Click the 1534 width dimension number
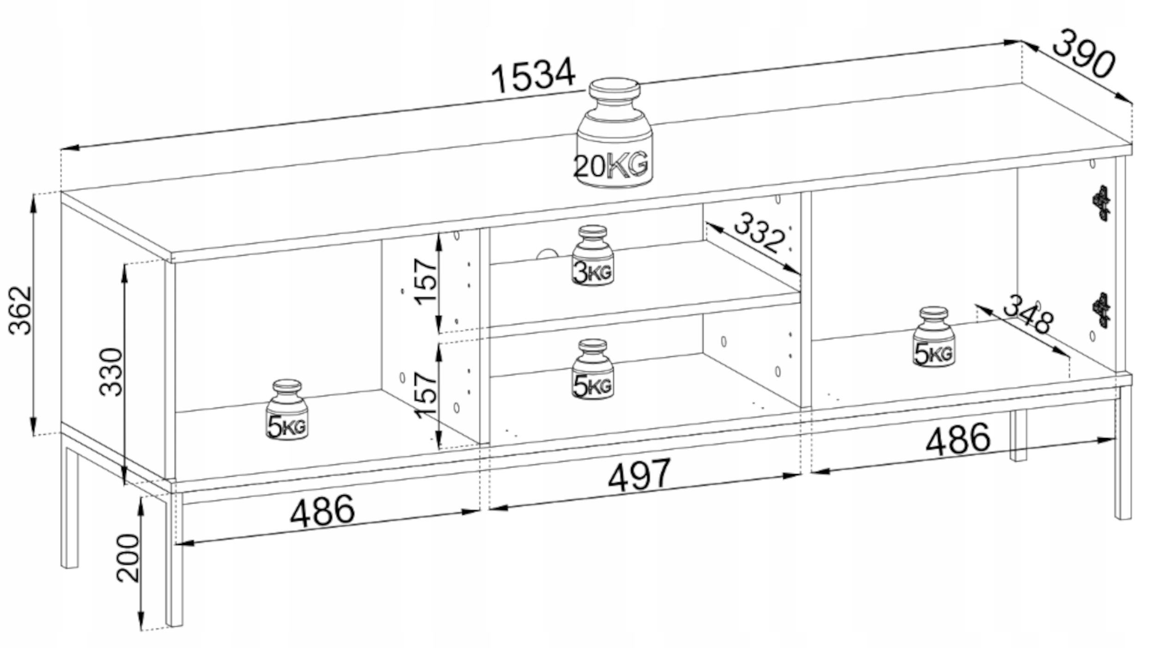pos(534,76)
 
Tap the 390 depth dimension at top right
pos(1083,54)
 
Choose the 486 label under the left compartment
pos(322,511)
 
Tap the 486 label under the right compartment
pos(958,439)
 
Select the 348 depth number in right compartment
pos(1028,314)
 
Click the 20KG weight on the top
pos(614,134)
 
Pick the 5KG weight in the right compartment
pos(934,337)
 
